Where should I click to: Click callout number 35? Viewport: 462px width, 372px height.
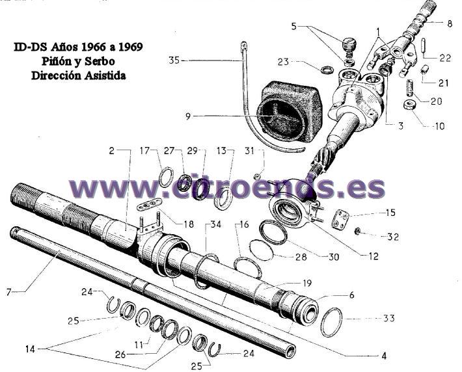click(x=174, y=60)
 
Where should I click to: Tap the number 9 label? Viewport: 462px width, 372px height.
click(x=188, y=116)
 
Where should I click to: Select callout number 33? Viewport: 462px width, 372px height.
click(x=389, y=318)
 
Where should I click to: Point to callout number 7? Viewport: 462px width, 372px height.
click(x=9, y=292)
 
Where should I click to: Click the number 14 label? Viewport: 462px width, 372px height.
click(x=30, y=349)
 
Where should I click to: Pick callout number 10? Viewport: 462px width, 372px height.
click(x=440, y=126)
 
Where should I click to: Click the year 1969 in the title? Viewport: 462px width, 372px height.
click(x=131, y=47)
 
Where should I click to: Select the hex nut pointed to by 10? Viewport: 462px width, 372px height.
click(x=409, y=105)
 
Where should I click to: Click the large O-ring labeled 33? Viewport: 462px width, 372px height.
click(x=331, y=322)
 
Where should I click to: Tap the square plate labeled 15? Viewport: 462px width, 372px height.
click(x=340, y=219)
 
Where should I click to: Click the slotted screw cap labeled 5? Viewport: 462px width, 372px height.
click(x=349, y=44)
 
